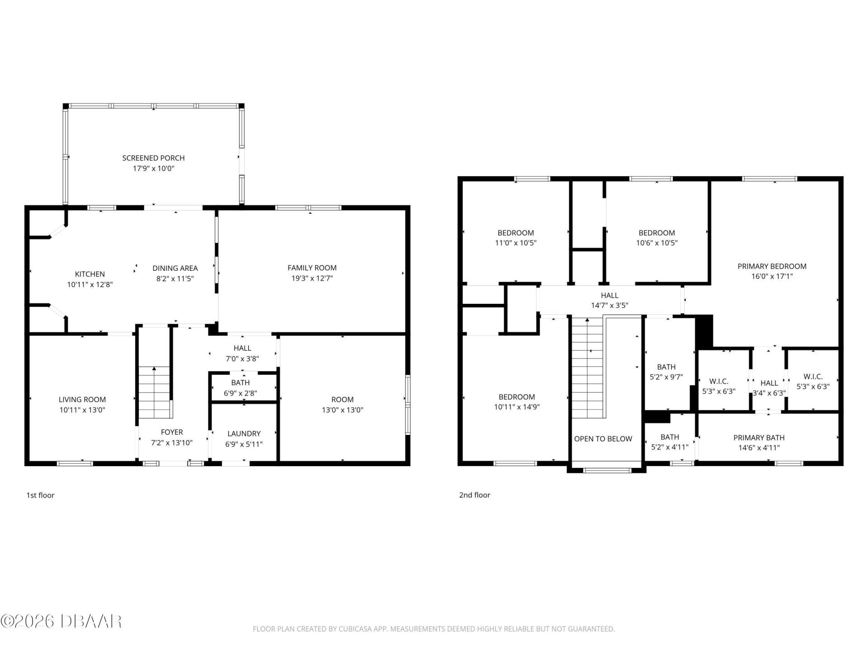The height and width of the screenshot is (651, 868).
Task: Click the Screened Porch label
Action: point(153,158)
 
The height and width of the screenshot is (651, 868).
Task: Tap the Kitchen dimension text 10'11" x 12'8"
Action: point(90,284)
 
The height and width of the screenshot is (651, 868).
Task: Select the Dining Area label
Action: point(175,268)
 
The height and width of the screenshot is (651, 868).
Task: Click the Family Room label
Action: point(312,268)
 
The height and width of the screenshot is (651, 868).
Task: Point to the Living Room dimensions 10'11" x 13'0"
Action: point(82,410)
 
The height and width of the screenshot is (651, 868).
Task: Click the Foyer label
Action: point(172,432)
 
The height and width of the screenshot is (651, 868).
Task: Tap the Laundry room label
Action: point(244,434)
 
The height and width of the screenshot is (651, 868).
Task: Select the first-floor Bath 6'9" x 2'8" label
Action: point(241,383)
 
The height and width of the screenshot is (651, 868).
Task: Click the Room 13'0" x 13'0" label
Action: point(342,400)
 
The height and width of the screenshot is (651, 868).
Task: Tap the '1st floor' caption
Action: point(40,495)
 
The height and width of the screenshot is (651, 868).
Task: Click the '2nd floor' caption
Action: point(475,495)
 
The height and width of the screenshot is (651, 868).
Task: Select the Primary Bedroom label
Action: point(772,266)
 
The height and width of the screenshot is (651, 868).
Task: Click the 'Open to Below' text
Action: point(603,439)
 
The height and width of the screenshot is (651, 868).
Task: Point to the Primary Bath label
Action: point(759,438)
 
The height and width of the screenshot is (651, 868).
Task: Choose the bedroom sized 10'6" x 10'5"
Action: point(656,238)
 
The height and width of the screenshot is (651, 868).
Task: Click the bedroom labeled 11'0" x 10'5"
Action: point(515,238)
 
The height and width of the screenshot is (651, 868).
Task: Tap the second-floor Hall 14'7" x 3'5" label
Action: point(609,296)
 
